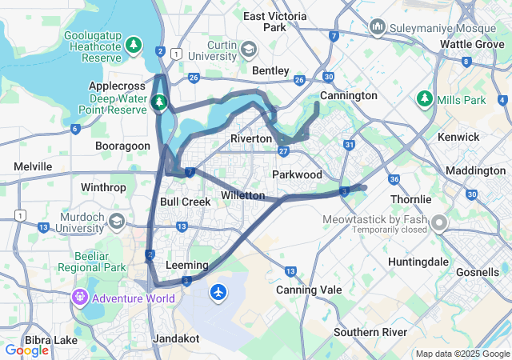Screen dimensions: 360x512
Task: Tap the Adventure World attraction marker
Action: coord(79,299)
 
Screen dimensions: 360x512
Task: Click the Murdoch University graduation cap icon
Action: coord(117,221)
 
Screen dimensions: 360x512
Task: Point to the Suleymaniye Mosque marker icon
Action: coord(378,28)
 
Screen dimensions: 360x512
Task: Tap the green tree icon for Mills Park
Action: coord(424,100)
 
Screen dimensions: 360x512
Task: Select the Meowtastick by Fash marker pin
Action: coord(439,222)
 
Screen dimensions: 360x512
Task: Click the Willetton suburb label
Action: coord(242,195)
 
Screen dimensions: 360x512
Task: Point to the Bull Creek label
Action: coord(186,202)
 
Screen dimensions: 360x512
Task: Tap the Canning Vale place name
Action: coord(309,290)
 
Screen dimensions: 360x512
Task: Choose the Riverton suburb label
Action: coord(251,138)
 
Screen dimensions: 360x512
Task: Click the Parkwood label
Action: coord(297,174)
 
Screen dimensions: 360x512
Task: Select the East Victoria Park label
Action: coord(275,22)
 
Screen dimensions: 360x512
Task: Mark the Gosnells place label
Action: coord(478,273)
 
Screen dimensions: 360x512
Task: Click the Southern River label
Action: coord(370,332)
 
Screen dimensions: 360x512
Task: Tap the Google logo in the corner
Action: coord(27,350)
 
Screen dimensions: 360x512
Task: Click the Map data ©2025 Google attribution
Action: coord(462,354)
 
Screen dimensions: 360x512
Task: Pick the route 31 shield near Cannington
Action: coord(349,145)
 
